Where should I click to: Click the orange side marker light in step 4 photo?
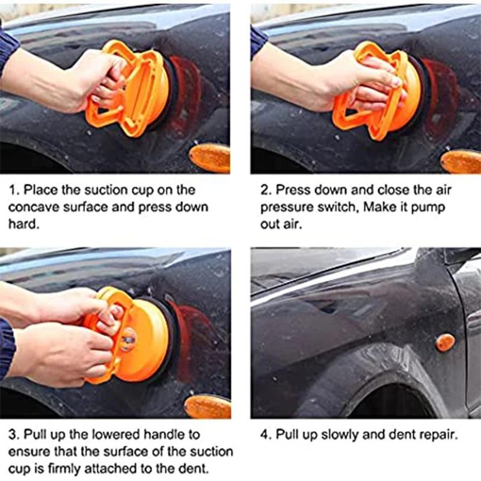coord(445,342)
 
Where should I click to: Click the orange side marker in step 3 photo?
coord(207,406)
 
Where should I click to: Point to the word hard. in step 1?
coord(23,224)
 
